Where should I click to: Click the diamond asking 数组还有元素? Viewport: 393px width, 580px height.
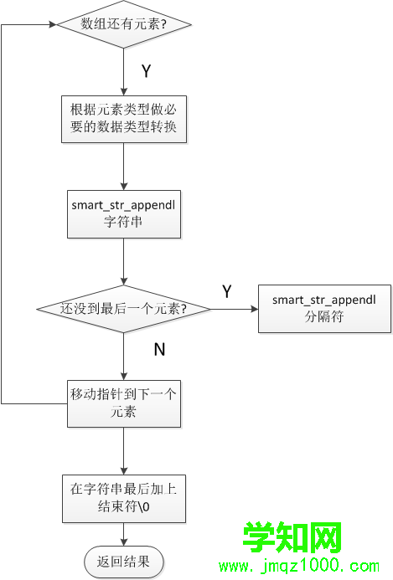(x=124, y=24)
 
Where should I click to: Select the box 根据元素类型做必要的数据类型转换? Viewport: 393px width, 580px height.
(x=124, y=119)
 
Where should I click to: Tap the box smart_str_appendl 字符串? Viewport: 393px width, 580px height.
(x=124, y=214)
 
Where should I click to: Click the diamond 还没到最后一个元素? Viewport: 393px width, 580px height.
(x=124, y=309)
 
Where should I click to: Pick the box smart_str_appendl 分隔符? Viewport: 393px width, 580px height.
(x=324, y=309)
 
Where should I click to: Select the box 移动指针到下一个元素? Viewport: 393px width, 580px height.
(x=124, y=403)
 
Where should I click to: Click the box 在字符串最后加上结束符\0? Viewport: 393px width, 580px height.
(x=124, y=499)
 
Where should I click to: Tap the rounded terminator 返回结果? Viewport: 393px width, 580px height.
(x=124, y=562)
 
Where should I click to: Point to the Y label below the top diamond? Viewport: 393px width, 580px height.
(x=147, y=70)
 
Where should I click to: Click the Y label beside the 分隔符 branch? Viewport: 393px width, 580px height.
(x=227, y=291)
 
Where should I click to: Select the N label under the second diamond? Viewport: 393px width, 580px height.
(x=159, y=350)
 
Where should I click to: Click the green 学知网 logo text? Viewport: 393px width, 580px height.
(x=292, y=537)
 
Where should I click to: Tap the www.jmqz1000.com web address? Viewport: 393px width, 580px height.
(x=299, y=566)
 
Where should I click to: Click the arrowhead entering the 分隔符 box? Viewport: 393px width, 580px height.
(x=255, y=309)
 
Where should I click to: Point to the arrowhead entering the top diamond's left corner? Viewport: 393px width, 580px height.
(x=53, y=24)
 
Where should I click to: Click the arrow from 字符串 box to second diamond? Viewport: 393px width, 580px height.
(x=124, y=261)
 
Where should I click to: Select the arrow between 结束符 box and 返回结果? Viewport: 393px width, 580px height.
(x=124, y=535)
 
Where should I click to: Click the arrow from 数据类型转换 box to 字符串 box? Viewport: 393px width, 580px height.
(x=124, y=167)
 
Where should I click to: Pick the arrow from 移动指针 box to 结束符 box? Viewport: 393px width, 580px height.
(x=124, y=451)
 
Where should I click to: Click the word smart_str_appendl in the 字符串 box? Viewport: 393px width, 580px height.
(x=123, y=205)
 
